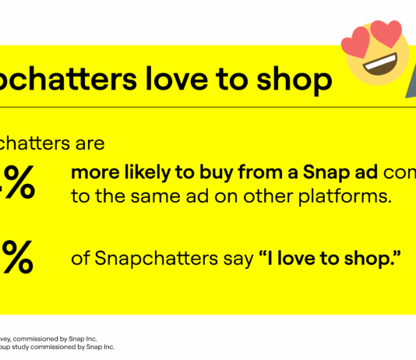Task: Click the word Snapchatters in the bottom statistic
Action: (150, 257)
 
